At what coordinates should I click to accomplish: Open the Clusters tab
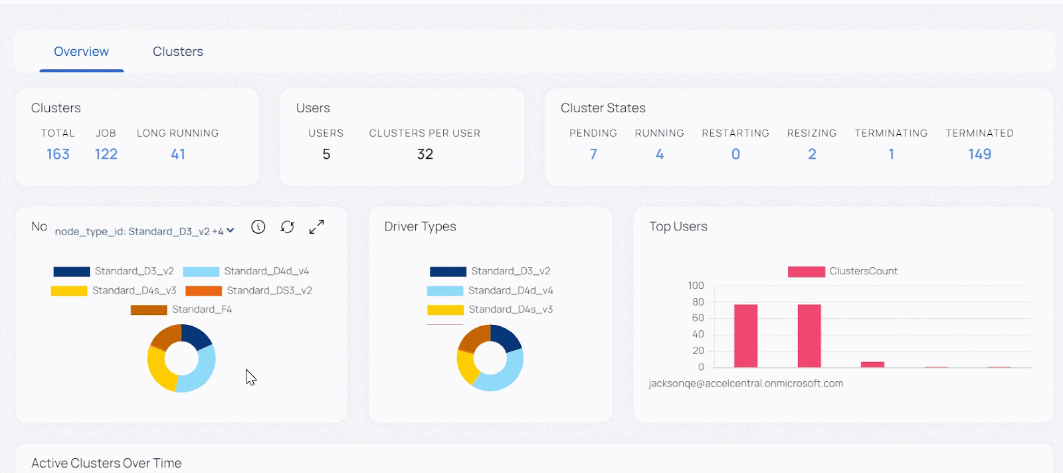point(177,52)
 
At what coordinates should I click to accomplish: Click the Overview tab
point(81,52)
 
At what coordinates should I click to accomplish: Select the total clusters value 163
point(58,154)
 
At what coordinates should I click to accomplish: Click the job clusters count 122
point(106,154)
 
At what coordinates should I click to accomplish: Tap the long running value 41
point(177,154)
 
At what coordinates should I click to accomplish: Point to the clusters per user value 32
point(425,154)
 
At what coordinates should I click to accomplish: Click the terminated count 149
point(979,154)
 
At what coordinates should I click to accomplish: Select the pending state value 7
point(593,154)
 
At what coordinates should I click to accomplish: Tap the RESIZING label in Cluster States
point(811,134)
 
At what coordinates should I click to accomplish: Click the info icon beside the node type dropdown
point(258,227)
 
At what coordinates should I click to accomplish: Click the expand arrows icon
point(316,227)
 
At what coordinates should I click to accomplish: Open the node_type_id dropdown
point(144,231)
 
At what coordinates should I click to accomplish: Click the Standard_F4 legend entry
point(181,310)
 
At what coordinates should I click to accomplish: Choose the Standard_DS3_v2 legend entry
point(249,291)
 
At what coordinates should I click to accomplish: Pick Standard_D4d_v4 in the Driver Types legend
point(490,291)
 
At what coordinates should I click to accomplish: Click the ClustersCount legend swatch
point(806,272)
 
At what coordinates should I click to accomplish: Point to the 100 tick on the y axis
point(696,286)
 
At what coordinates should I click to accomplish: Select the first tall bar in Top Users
point(745,335)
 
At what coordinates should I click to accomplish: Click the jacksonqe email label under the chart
point(745,384)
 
